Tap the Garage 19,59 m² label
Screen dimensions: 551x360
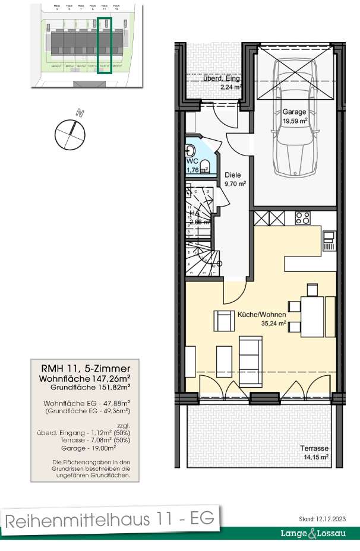[295, 116]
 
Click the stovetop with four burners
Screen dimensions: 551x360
[302, 218]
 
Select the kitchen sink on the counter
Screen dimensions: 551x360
[329, 239]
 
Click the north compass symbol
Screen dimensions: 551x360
[70, 132]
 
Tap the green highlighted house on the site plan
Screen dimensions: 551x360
[105, 45]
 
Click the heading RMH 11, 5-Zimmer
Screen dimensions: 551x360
[86, 369]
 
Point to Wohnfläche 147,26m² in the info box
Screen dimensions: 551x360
[86, 378]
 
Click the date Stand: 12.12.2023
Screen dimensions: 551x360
[324, 518]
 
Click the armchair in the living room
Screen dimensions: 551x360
[224, 321]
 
